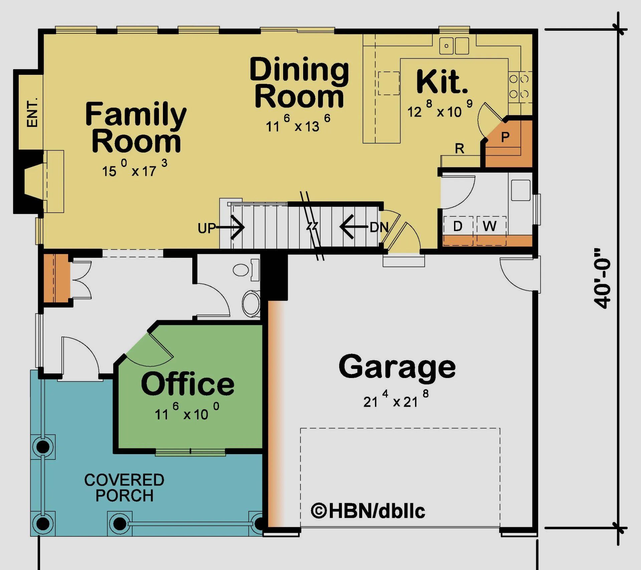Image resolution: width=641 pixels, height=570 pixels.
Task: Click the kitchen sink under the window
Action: [x=454, y=46]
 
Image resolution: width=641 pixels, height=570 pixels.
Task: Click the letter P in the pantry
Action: [x=505, y=137]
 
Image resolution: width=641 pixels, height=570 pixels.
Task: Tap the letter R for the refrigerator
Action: [x=459, y=149]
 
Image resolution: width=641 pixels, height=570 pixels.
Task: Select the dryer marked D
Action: [x=458, y=226]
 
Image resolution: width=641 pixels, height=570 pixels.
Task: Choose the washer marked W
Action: [x=489, y=226]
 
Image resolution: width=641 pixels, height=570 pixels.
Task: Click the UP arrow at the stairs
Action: [x=230, y=228]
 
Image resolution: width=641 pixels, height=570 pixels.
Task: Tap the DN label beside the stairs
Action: [x=379, y=228]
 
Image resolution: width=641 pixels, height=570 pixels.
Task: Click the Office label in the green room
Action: [x=188, y=384]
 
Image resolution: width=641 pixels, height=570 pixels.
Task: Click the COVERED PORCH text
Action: [x=124, y=488]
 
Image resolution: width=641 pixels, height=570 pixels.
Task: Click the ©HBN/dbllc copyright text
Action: [x=368, y=511]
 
